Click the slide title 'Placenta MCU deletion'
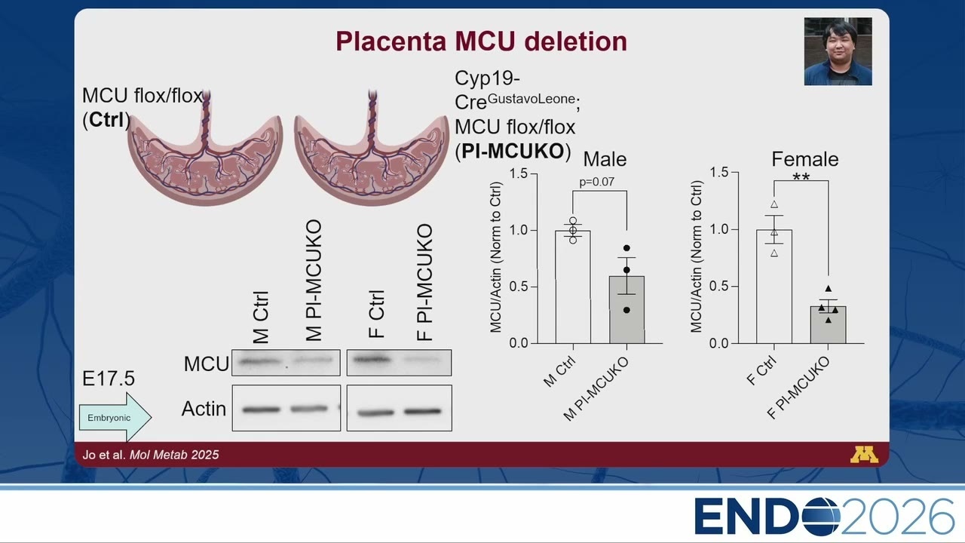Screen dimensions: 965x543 [x=481, y=41]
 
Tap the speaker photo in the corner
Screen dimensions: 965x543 [x=838, y=51]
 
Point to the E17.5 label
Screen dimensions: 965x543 [x=109, y=379]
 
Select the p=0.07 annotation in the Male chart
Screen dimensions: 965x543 [x=596, y=182]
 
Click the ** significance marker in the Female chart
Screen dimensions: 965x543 [x=801, y=177]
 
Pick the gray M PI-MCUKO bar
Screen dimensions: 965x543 [x=626, y=310]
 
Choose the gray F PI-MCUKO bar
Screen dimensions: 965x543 [x=828, y=325]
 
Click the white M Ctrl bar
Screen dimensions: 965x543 [x=573, y=287]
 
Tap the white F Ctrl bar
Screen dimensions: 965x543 [x=774, y=287]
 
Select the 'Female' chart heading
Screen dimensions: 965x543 [x=804, y=159]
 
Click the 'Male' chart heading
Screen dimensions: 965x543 [x=605, y=159]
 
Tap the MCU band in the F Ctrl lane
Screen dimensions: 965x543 [x=372, y=359]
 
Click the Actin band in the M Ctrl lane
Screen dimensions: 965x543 [x=261, y=410]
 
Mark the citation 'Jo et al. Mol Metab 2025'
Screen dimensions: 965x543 [x=151, y=455]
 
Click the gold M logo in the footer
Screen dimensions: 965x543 [x=864, y=455]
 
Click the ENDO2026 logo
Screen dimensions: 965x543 [x=824, y=517]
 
